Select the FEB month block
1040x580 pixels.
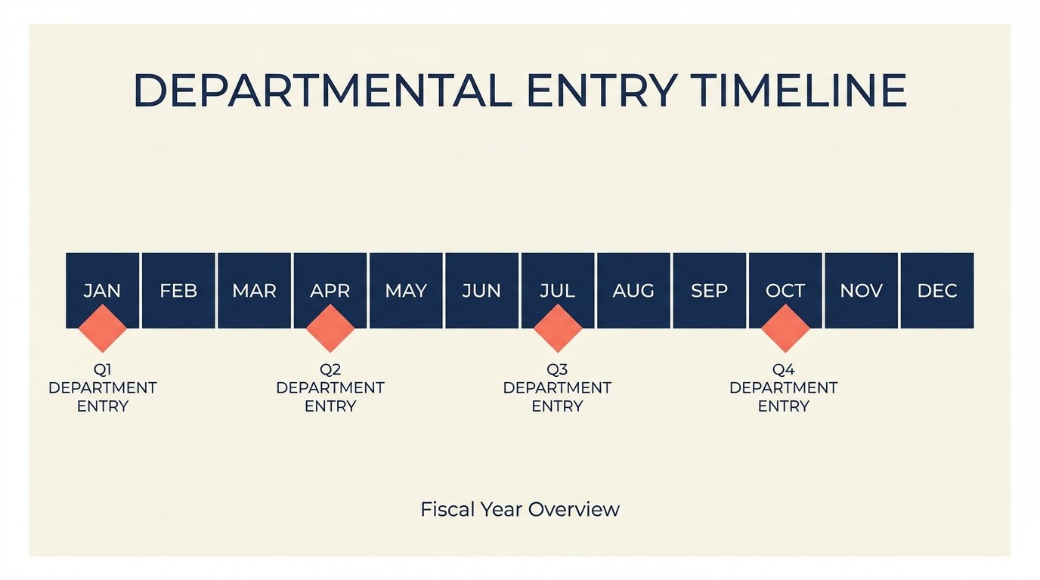(178, 291)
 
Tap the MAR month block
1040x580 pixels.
(254, 291)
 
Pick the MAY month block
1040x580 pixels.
(406, 291)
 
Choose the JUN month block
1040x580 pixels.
(481, 291)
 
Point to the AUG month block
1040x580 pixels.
(633, 291)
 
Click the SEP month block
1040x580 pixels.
(709, 291)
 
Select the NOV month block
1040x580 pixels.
(861, 291)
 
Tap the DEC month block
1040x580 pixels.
(937, 291)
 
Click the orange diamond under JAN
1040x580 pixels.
(103, 329)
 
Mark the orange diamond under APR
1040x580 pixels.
(330, 329)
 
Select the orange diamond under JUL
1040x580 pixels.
(558, 329)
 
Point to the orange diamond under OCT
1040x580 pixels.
(785, 329)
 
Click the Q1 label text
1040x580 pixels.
(103, 370)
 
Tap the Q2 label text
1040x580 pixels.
(330, 370)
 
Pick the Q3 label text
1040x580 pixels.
(557, 370)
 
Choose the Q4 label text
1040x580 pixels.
(784, 370)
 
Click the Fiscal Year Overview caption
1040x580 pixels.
(520, 509)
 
